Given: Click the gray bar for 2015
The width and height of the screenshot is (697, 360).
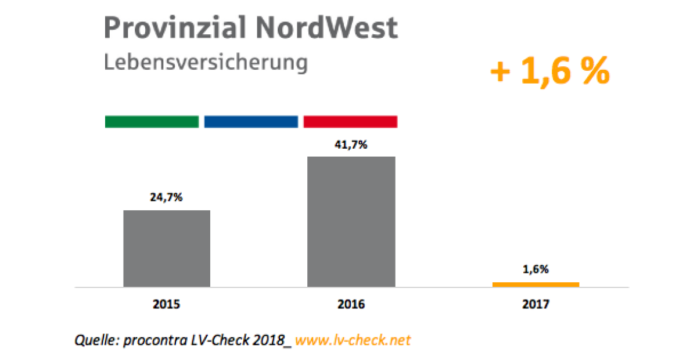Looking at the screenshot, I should tap(167, 249).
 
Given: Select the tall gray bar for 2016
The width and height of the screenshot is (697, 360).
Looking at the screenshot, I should tap(351, 222).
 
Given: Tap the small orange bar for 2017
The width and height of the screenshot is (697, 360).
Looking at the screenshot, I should tap(536, 284).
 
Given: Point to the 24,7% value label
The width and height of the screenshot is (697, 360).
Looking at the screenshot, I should tap(167, 198).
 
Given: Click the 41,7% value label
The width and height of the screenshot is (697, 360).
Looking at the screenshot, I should tap(351, 145).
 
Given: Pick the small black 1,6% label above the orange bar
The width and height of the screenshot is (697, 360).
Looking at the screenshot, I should tap(536, 269).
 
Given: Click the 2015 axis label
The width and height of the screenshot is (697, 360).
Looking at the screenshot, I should tap(167, 304).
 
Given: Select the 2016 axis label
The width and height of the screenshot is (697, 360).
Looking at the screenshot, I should tap(351, 304).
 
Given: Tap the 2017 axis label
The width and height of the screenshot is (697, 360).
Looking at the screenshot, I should tap(536, 304).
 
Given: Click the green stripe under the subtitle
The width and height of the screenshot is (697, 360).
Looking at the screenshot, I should tap(152, 121).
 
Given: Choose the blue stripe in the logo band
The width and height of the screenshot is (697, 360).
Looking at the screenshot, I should tap(251, 121).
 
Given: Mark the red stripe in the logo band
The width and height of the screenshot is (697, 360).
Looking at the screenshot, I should tap(350, 121).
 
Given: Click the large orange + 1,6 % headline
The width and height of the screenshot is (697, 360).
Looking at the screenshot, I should tap(549, 71).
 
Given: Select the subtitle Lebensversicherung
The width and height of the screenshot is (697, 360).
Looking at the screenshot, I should tap(206, 62).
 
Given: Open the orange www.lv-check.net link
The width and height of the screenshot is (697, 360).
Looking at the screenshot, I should tap(353, 340).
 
